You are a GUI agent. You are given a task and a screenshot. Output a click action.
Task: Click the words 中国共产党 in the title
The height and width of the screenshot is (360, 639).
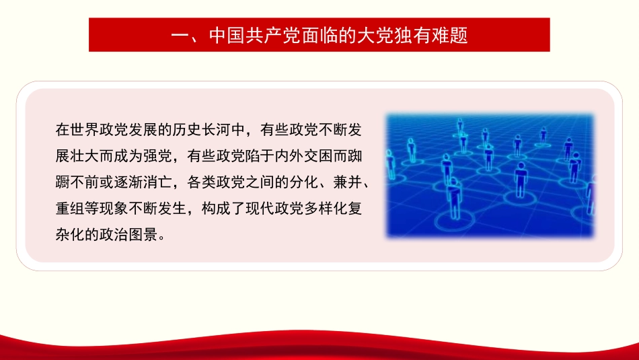tap(246, 35)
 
